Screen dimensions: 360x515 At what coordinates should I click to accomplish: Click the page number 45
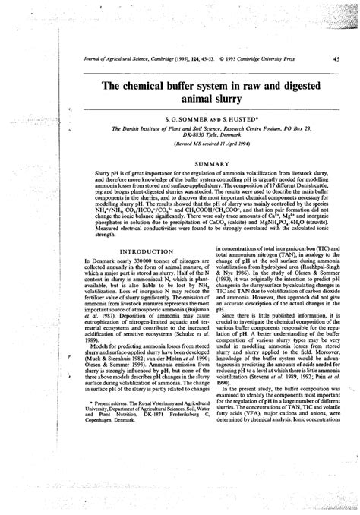(336, 58)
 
